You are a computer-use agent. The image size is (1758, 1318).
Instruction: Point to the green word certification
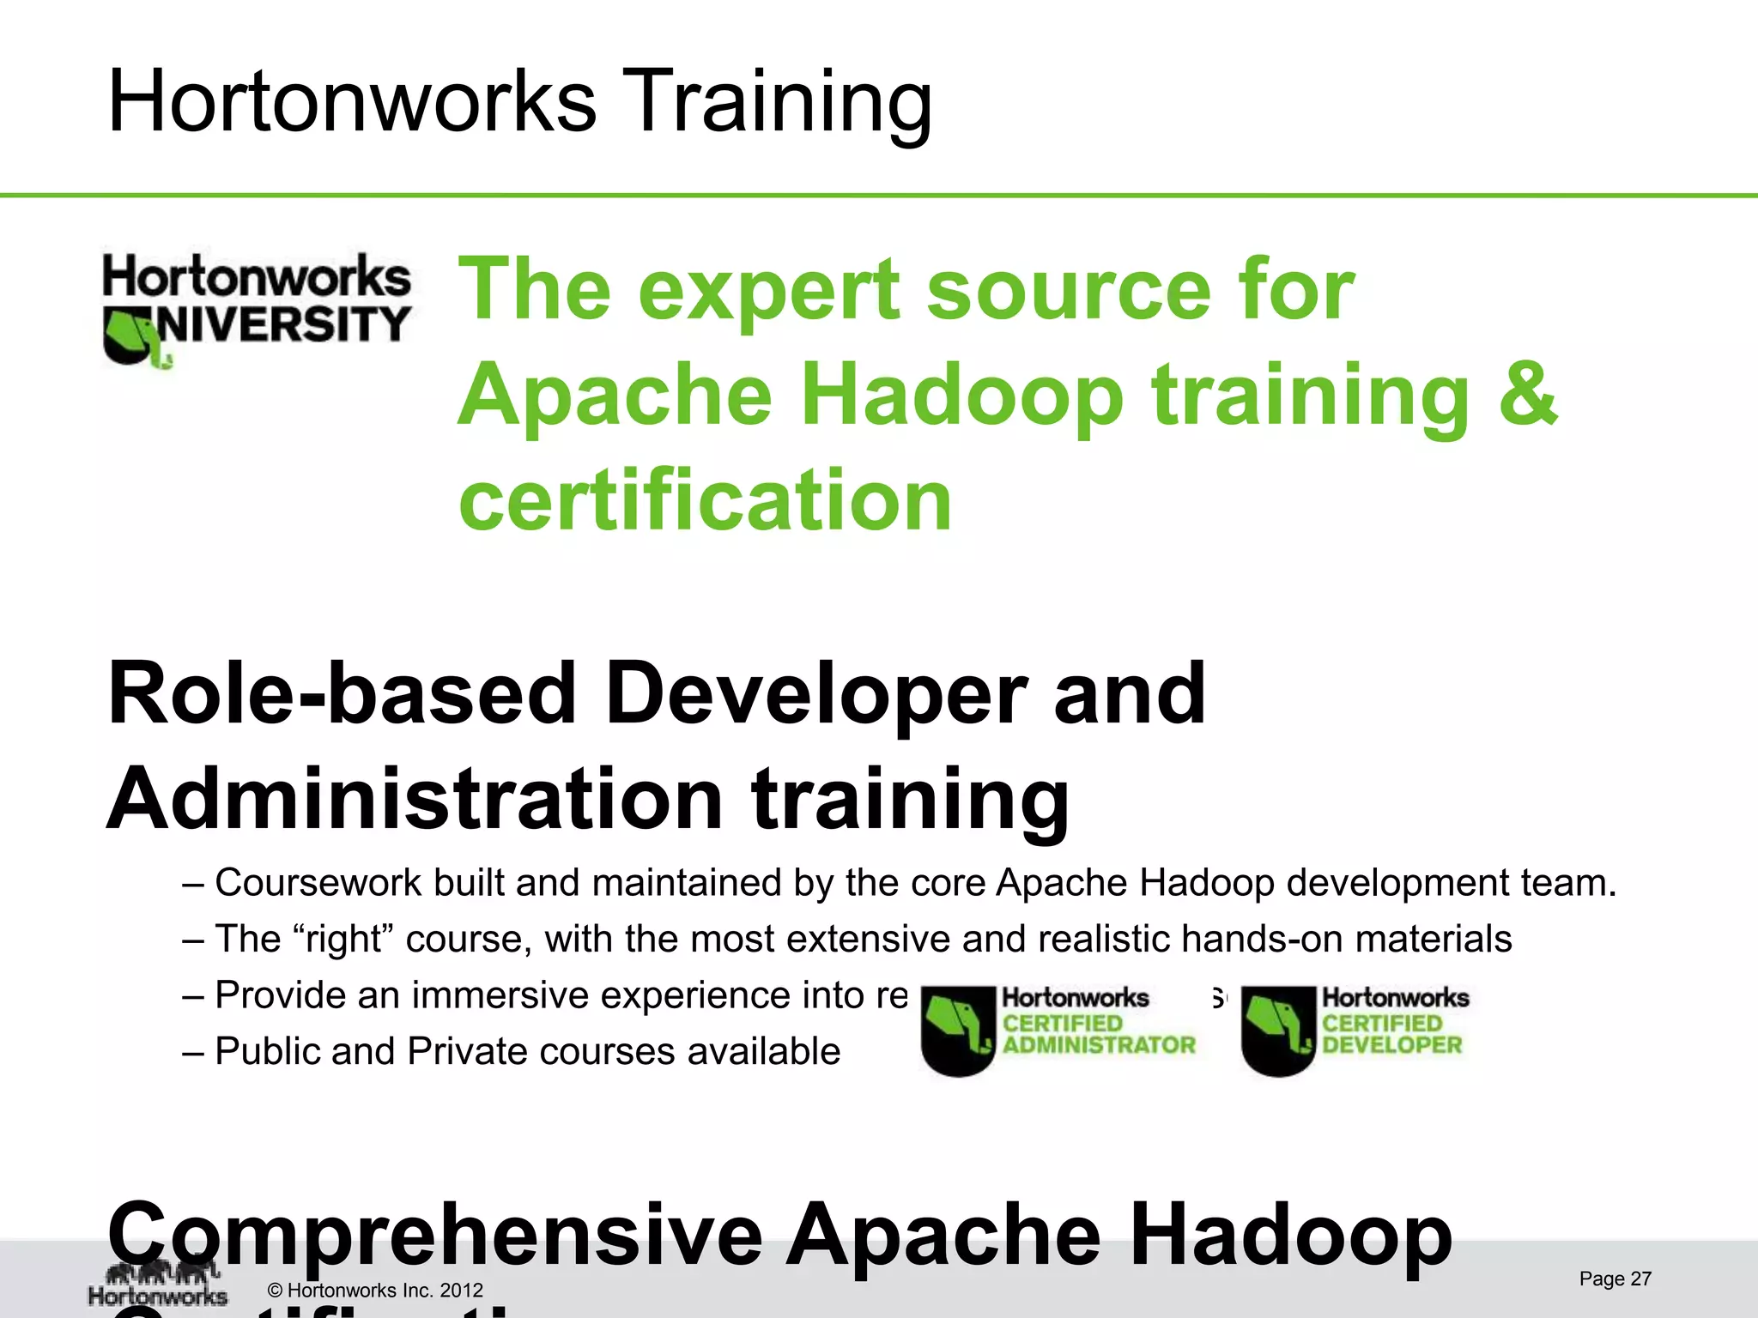click(x=706, y=499)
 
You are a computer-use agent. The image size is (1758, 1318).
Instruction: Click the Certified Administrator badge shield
click(x=957, y=1030)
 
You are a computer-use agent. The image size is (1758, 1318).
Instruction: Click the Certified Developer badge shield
click(x=1277, y=1030)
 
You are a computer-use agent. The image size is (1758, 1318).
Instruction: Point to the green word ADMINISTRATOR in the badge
click(x=1099, y=1045)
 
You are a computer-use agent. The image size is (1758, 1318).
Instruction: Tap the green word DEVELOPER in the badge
click(x=1391, y=1045)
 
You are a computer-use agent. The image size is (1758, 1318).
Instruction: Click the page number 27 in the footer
click(x=1640, y=1279)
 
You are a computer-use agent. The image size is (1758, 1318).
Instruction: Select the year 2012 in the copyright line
click(x=461, y=1291)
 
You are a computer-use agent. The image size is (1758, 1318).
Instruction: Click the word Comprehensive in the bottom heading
click(x=434, y=1236)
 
